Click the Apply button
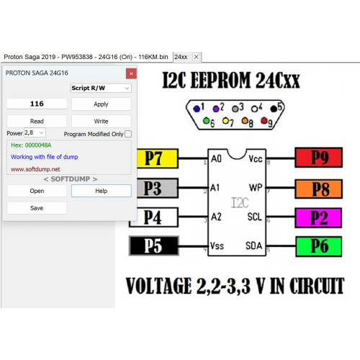click(x=101, y=104)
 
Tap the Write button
click(x=101, y=121)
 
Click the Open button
click(x=37, y=191)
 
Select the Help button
click(x=101, y=191)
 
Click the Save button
click(x=37, y=208)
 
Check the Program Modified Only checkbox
click(x=128, y=134)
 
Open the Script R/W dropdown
click(x=101, y=88)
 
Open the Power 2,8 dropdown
click(x=35, y=132)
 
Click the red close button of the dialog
click(x=131, y=73)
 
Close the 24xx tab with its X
click(x=197, y=57)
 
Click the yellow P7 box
click(x=157, y=158)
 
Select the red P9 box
click(x=319, y=158)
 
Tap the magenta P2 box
click(x=318, y=218)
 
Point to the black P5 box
click(x=154, y=246)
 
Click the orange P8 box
click(x=319, y=189)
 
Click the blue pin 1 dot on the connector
click(x=197, y=109)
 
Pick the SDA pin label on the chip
click(x=253, y=246)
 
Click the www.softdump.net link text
click(x=35, y=169)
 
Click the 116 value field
click(x=37, y=104)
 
